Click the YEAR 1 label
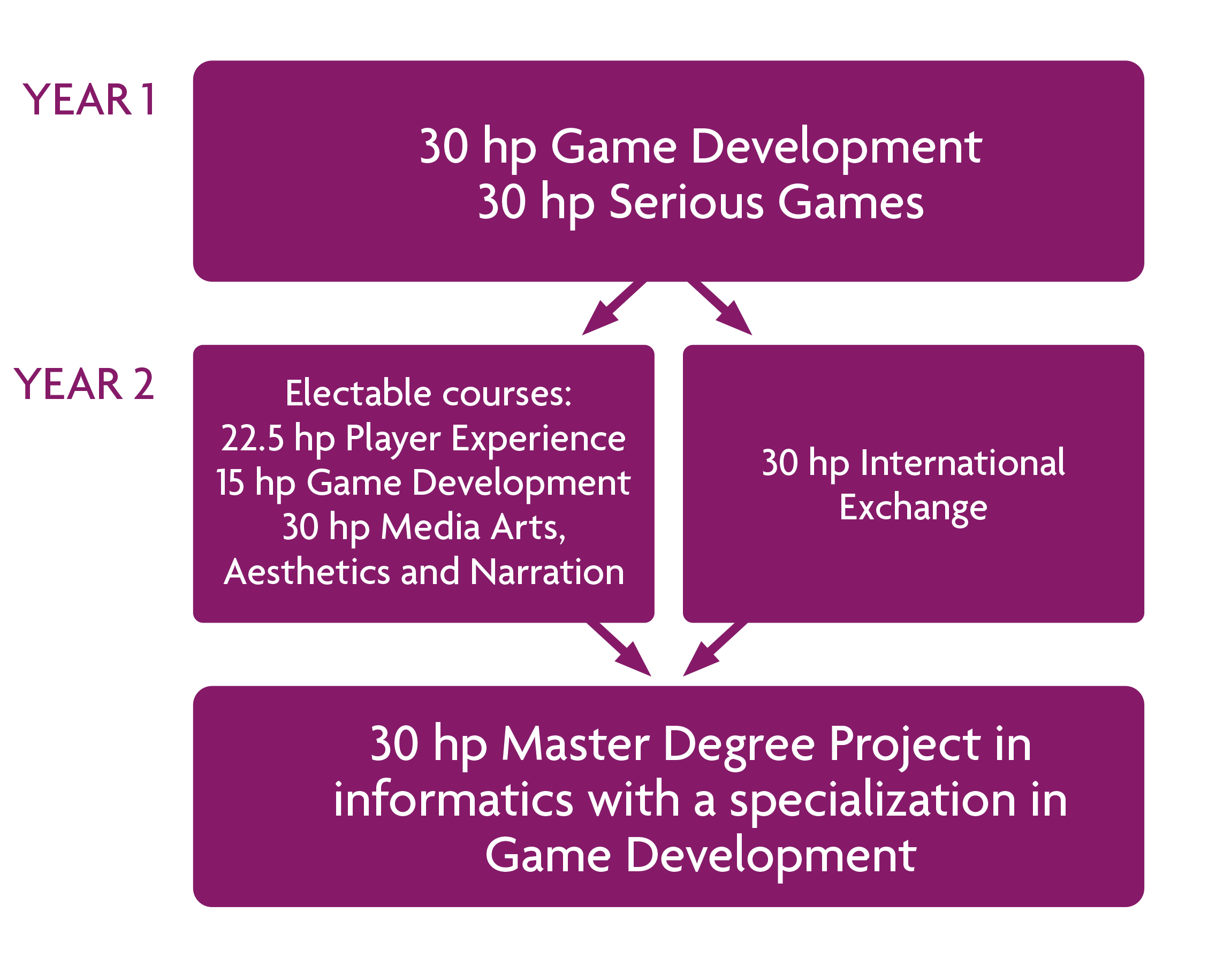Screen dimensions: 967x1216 tap(89, 99)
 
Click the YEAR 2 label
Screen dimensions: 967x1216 tap(84, 385)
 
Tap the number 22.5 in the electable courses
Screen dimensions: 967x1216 tap(252, 439)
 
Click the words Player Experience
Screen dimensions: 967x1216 tap(485, 440)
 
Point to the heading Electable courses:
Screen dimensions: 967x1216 tap(428, 393)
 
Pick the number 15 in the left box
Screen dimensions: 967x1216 tap(230, 483)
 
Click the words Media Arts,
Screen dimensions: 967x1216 tap(473, 528)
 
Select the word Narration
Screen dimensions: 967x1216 tap(547, 572)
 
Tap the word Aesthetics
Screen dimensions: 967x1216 tap(307, 572)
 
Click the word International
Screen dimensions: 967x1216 tap(963, 463)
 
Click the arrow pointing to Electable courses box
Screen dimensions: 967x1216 tap(612, 309)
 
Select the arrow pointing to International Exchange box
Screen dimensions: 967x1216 tap(721, 309)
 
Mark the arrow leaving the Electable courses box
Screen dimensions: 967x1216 tap(620, 650)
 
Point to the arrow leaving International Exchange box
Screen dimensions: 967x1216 tap(713, 650)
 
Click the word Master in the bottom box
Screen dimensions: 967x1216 tap(575, 745)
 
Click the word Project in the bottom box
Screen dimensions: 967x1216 tap(905, 746)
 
